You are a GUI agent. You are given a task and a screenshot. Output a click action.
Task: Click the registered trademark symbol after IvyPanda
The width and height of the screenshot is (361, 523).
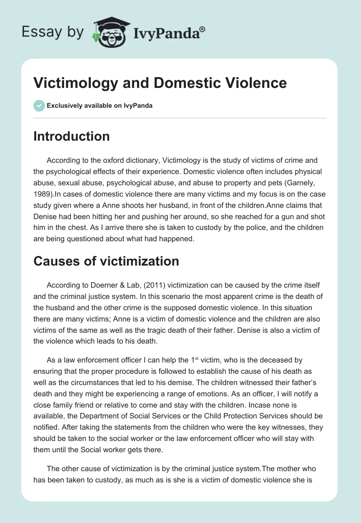coord(203,29)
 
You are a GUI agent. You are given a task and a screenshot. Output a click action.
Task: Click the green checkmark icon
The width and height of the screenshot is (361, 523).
coord(39,106)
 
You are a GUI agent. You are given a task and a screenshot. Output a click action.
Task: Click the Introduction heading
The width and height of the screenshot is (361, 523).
coord(71,136)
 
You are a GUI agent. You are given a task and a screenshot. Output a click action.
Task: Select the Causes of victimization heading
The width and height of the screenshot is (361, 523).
coord(106,261)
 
